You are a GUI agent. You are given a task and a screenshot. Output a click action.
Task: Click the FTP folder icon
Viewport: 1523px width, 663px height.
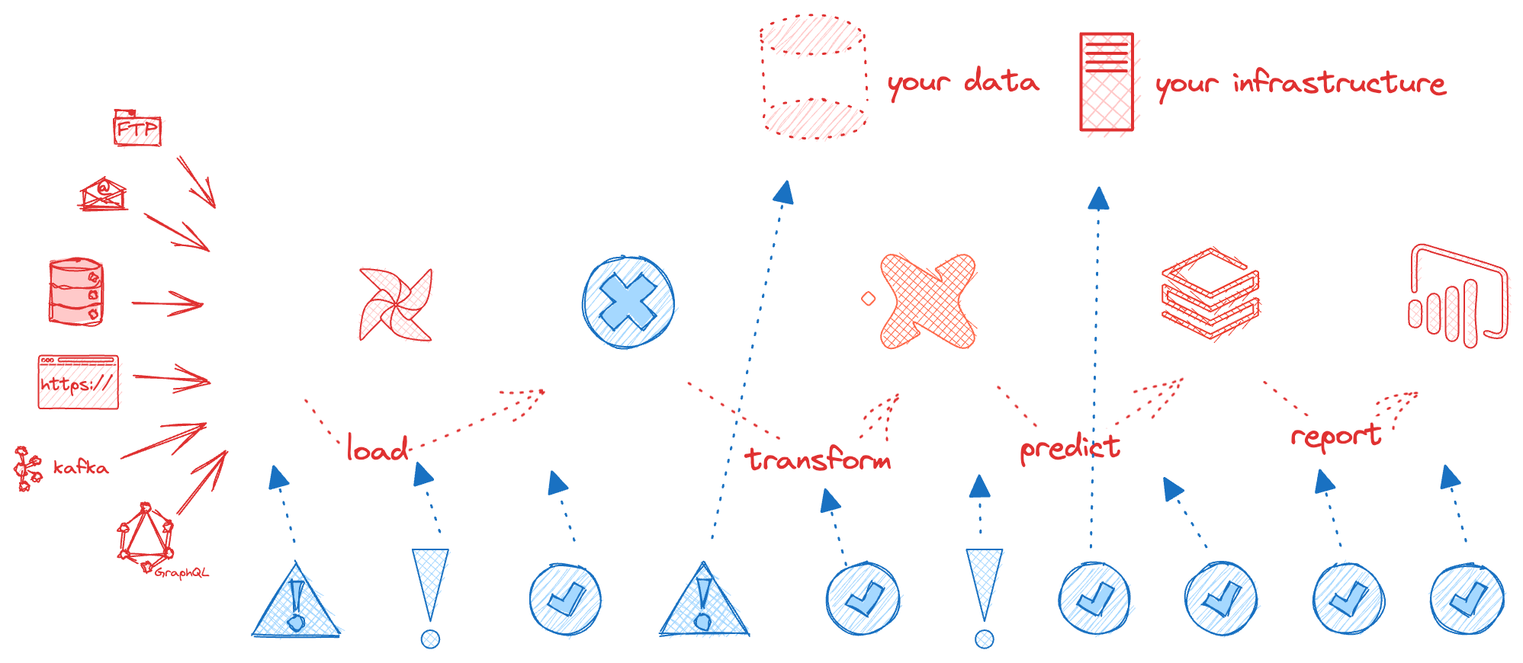pyautogui.click(x=138, y=128)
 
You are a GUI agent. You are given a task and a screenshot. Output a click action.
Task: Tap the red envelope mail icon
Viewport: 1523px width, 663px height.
pyautogui.click(x=103, y=194)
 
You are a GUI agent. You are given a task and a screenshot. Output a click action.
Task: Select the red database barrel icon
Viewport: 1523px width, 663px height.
pyautogui.click(x=76, y=292)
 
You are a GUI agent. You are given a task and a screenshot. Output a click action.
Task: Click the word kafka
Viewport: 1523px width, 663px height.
pyautogui.click(x=81, y=467)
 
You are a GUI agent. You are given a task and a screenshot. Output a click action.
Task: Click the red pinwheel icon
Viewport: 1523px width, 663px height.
pyautogui.click(x=396, y=304)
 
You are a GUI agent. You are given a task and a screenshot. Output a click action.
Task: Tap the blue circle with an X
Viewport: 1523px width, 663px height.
pyautogui.click(x=628, y=302)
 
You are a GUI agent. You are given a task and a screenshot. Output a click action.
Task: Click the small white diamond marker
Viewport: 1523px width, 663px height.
pyautogui.click(x=868, y=299)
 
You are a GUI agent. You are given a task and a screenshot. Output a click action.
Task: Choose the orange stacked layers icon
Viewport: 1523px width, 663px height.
pyautogui.click(x=1210, y=293)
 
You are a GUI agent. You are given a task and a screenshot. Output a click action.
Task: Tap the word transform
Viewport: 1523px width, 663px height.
pyautogui.click(x=818, y=460)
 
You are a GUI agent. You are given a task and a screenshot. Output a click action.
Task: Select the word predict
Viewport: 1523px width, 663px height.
pyautogui.click(x=1070, y=448)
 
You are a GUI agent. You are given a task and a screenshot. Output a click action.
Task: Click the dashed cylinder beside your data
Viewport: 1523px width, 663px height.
pyautogui.click(x=814, y=78)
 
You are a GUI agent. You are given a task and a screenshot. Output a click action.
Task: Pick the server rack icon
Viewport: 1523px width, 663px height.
pyautogui.click(x=1107, y=82)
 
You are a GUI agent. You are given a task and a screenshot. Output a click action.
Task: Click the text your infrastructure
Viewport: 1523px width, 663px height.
pyautogui.click(x=1300, y=83)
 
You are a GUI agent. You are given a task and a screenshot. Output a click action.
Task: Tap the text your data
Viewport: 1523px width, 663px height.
pyautogui.click(x=962, y=82)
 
